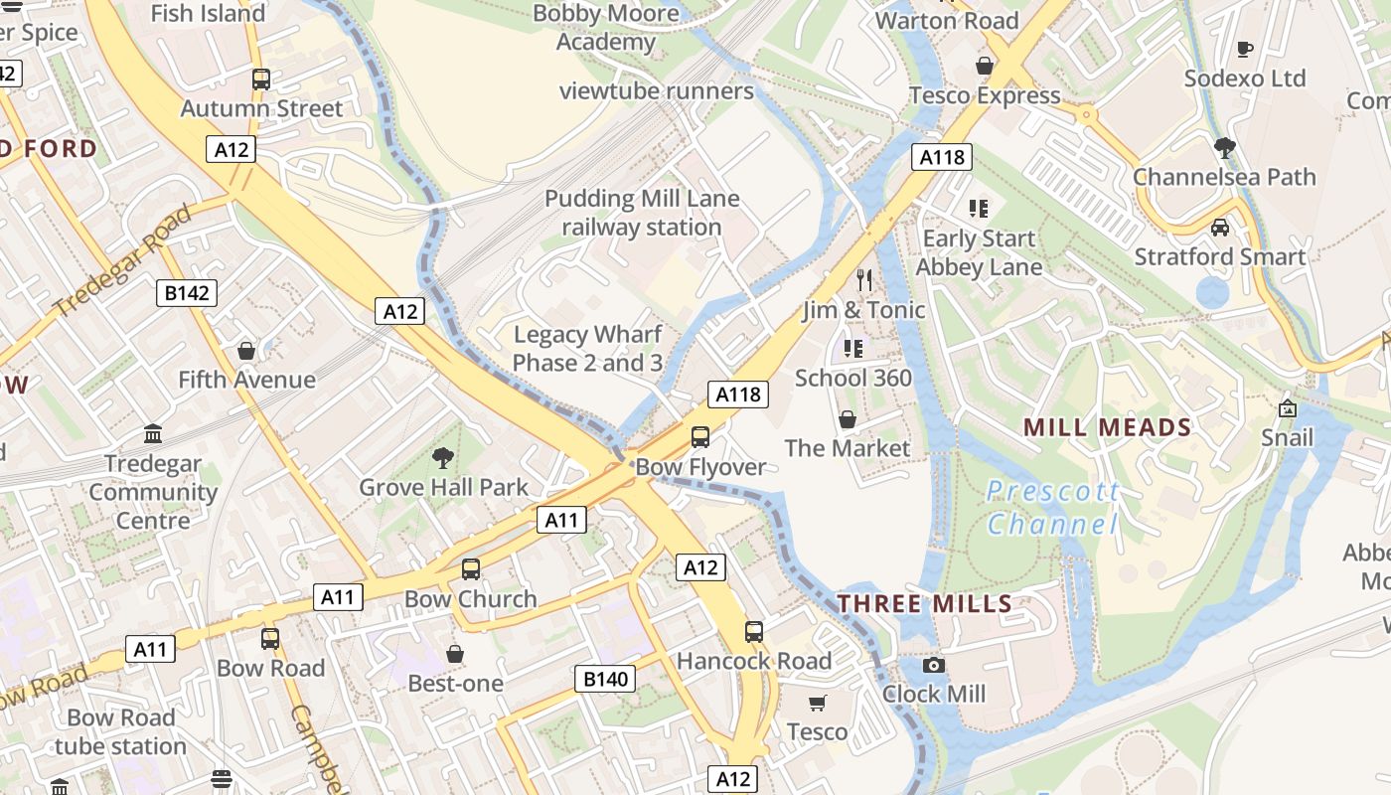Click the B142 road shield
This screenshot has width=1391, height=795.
point(187,292)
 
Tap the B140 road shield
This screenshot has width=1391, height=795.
point(604,679)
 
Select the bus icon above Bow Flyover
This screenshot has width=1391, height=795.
point(700,436)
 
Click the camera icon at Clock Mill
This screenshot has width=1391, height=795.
point(934,665)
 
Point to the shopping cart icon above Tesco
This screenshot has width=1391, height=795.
point(818,704)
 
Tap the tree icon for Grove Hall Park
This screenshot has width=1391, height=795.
point(443,458)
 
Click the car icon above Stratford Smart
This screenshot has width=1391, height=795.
point(1220,228)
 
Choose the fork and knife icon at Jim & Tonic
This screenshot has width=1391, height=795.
point(864,280)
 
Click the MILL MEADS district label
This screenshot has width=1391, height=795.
point(1107,428)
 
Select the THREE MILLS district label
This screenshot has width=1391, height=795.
point(924,603)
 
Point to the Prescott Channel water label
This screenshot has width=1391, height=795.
point(1053,508)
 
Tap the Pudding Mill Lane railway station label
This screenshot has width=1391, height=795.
point(642,213)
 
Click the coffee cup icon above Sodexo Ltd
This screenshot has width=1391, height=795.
point(1245,49)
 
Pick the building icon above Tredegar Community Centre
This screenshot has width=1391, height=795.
point(153,434)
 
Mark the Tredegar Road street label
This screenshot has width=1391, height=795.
point(124,261)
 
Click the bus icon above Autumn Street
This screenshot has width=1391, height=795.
point(261,79)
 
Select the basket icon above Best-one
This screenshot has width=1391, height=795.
point(455,654)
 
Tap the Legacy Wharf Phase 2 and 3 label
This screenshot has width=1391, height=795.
point(587,349)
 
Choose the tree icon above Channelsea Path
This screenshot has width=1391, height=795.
point(1225,148)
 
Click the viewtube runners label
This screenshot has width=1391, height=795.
point(657,91)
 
